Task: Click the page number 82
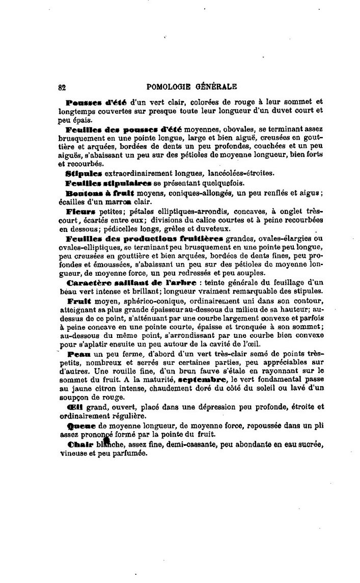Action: [x=62, y=87]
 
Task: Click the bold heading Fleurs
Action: [x=80, y=210]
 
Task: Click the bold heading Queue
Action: [x=78, y=425]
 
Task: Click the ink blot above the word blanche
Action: [x=106, y=439]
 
